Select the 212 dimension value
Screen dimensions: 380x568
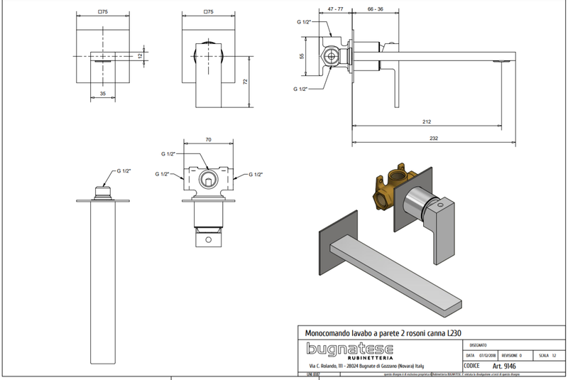pos(426,122)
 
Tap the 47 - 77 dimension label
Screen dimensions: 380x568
pos(337,9)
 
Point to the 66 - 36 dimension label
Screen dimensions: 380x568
pos(377,9)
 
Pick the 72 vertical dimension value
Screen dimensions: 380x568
pos(246,81)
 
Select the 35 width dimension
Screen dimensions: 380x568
pos(102,93)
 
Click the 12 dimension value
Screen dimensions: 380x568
pos(140,55)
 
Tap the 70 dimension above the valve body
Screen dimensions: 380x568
pos(208,141)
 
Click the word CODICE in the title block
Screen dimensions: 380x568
pos(471,365)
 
